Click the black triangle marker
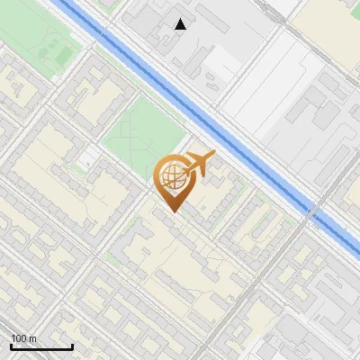pyautogui.click(x=181, y=24)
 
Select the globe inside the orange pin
pyautogui.click(x=171, y=176)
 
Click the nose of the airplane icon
pyautogui.click(x=214, y=154)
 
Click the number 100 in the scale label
pyautogui.click(x=20, y=338)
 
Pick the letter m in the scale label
pyautogui.click(x=33, y=338)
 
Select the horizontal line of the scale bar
pyautogui.click(x=41, y=346)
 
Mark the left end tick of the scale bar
pyautogui.click(x=11, y=345)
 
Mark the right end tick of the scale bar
pyautogui.click(x=72, y=345)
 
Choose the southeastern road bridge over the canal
pyautogui.click(x=310, y=216)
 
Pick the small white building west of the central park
pyautogui.click(x=87, y=160)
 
